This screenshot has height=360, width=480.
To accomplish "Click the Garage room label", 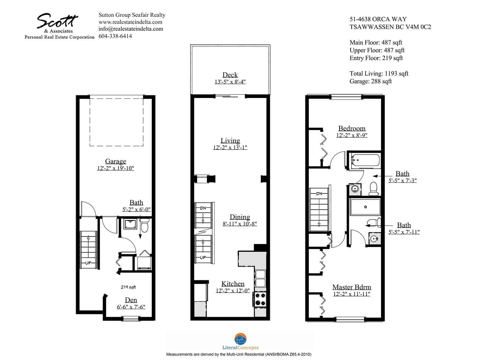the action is coord(115,161).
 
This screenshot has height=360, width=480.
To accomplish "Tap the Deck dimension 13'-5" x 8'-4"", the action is coord(230,82).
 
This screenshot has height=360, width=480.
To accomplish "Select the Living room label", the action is coord(230,140).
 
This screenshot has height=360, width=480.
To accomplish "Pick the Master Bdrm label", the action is coord(352,287).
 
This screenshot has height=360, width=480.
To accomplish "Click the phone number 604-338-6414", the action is coord(115,36).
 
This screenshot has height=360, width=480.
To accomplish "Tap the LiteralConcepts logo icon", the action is coord(240,339).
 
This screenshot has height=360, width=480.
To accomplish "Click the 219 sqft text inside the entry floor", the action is coord(128,287).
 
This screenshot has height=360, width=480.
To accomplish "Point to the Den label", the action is coord(131,300).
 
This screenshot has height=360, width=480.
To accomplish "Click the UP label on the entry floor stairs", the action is coord(88,263).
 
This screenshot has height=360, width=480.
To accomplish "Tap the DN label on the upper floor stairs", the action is coord(319,193).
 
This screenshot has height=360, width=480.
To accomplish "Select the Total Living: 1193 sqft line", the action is coord(379,73).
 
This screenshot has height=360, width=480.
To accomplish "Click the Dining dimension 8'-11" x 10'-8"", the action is coord(240,224).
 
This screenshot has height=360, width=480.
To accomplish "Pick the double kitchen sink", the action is coord(260,278).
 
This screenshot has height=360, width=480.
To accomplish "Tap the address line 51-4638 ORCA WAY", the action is coord(378,19).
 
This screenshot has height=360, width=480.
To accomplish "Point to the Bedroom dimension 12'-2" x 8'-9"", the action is coord(352,135).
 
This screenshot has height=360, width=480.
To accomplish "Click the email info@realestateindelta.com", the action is coord(131,29).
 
